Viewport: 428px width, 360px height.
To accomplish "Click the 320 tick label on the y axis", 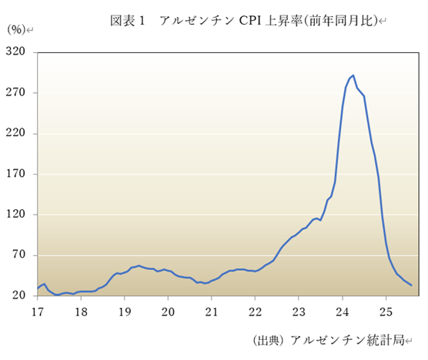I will tap(17, 52).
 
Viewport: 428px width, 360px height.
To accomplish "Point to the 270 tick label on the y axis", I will tap(17, 92).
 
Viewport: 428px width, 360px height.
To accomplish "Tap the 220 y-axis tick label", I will tap(17, 133).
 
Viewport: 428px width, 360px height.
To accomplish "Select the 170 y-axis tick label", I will tap(17, 174).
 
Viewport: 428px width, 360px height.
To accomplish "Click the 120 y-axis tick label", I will tap(17, 215).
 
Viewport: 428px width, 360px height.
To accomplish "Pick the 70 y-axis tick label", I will tap(19, 255).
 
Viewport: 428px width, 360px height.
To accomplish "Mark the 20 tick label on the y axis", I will tap(19, 296).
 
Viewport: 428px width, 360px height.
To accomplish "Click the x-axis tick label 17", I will tap(36, 312).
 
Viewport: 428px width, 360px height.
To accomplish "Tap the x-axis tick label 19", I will tap(125, 312).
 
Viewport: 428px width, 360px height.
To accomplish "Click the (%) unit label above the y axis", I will tap(16, 30).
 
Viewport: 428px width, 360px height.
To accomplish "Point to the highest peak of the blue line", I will tap(353, 75).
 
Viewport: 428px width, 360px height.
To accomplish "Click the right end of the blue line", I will tap(412, 285).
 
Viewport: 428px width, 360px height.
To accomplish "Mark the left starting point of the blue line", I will tap(37, 289).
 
